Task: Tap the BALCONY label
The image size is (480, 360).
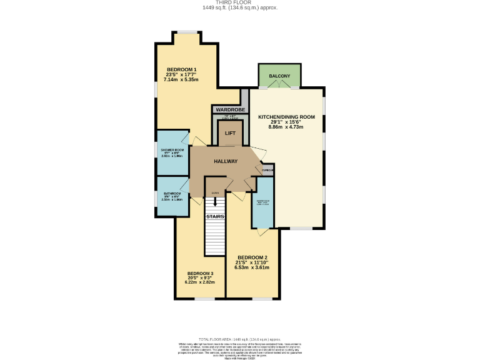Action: [x=279, y=76]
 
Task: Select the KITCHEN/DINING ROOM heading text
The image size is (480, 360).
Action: [x=286, y=117]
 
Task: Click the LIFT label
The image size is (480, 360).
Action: [x=230, y=133]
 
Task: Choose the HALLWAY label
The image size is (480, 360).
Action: [x=226, y=161]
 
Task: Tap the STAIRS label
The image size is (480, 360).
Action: [x=215, y=217]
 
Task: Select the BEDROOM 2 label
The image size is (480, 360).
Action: [x=252, y=257]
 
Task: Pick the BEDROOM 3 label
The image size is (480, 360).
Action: [x=200, y=273]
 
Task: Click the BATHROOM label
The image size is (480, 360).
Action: [x=172, y=194]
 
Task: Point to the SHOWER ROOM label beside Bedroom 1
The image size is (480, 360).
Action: [x=172, y=151]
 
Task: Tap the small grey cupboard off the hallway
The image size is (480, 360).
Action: [x=267, y=169]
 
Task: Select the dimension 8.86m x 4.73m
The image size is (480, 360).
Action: [x=286, y=127]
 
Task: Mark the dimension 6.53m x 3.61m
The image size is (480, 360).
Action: [x=252, y=267]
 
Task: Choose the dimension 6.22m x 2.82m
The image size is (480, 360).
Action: [x=200, y=282]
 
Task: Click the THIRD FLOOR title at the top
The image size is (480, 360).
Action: [x=240, y=2]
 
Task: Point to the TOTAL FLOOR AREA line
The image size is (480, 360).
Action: [x=240, y=338]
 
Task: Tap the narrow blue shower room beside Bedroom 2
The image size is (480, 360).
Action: [x=262, y=203]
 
